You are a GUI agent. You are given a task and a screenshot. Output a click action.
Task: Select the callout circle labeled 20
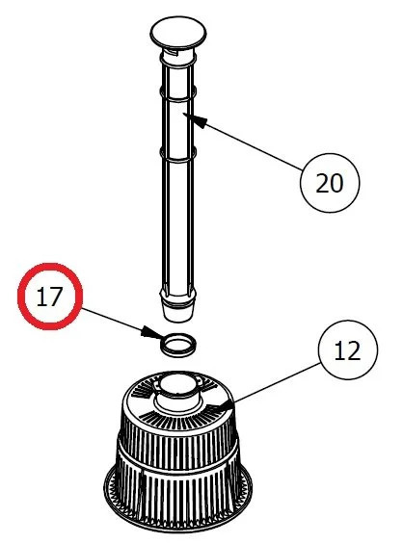[x=329, y=180]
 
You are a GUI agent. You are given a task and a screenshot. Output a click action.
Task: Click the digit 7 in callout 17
[x=61, y=297]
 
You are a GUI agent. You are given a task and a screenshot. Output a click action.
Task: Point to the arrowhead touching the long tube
[x=190, y=118]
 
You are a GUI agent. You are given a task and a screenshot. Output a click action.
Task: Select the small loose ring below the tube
[x=175, y=344]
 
